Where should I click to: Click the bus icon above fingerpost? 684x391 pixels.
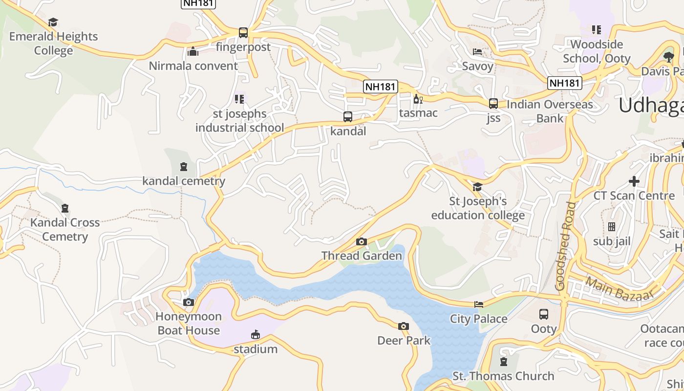(243, 33)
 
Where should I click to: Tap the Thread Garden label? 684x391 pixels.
(362, 255)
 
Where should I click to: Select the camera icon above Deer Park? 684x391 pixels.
(403, 326)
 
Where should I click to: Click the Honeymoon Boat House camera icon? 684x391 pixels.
(189, 303)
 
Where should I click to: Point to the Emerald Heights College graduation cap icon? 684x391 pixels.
(53, 22)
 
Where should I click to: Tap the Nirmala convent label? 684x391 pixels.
(193, 65)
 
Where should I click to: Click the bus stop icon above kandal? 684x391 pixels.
(348, 117)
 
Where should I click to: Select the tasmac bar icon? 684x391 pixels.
(418, 99)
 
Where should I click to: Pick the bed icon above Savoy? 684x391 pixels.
(477, 52)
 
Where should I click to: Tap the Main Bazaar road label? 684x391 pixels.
(619, 289)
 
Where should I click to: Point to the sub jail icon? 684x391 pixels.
(612, 227)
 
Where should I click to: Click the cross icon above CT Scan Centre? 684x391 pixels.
(634, 181)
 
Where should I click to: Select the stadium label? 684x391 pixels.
(255, 349)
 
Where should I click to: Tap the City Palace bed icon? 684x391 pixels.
(479, 304)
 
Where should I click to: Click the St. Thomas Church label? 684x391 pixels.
(503, 376)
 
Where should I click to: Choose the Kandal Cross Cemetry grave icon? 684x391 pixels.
(65, 209)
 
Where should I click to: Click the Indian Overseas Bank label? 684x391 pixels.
(550, 111)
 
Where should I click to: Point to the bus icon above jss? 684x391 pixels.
(493, 104)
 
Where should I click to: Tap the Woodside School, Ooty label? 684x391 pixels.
(597, 51)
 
